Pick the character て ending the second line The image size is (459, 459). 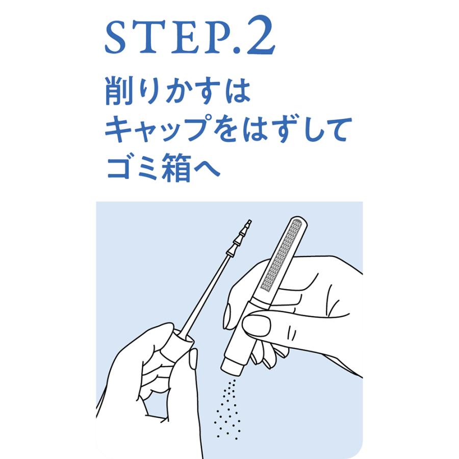pos(338,130)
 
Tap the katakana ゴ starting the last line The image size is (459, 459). pos(118,168)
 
